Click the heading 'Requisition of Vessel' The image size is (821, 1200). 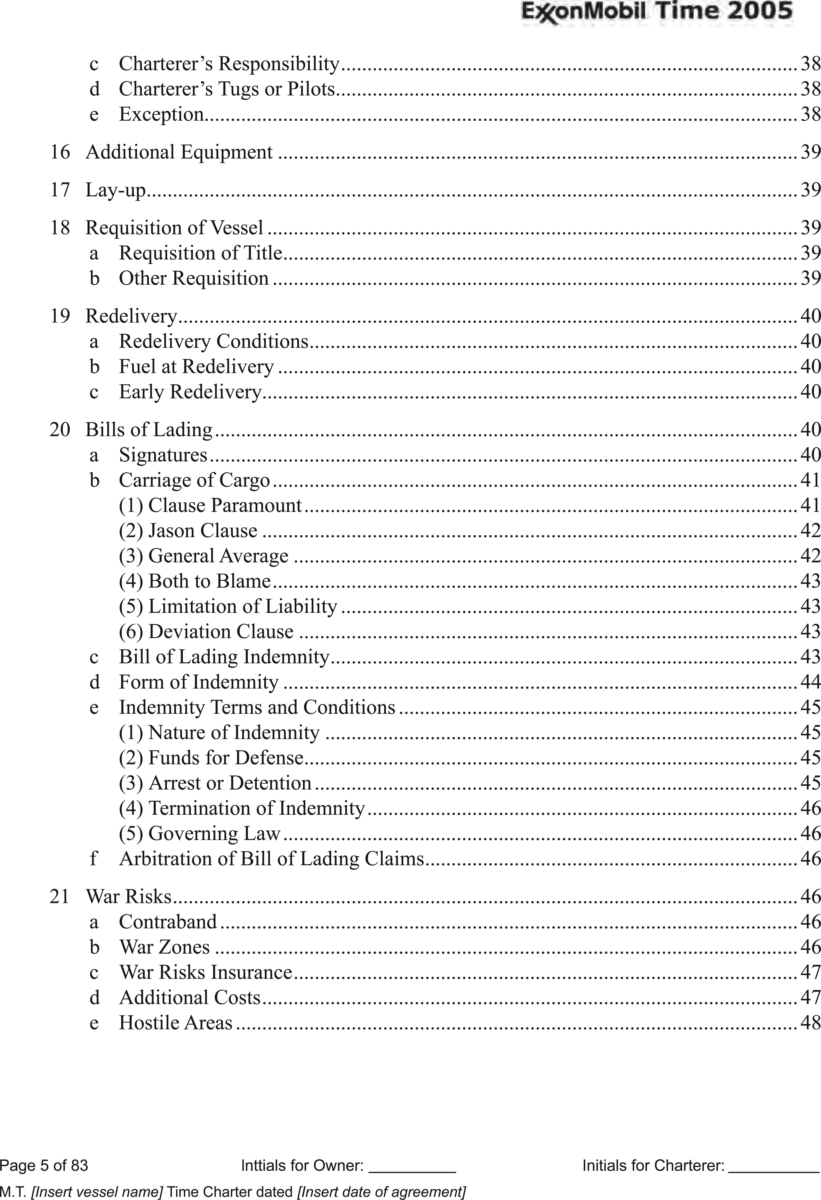[x=174, y=228]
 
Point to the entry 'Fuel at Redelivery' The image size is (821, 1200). [x=196, y=367]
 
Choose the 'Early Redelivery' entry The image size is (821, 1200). [x=190, y=392]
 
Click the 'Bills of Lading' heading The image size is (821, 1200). [x=149, y=430]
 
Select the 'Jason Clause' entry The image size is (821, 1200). [x=202, y=531]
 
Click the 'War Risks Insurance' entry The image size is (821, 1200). [x=206, y=972]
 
